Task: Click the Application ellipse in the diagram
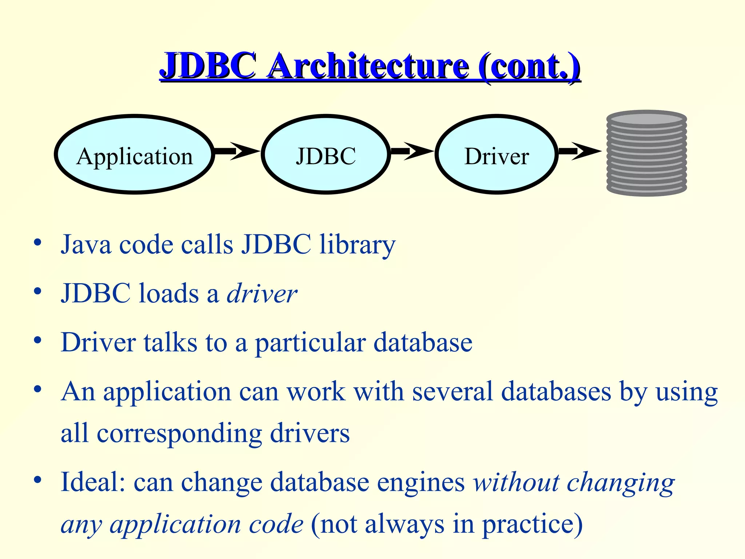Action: [135, 155]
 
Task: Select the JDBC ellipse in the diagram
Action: [326, 155]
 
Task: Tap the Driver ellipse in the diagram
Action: [497, 155]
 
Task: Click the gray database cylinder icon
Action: [646, 153]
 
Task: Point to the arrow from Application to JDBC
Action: [236, 151]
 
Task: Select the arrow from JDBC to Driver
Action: [412, 151]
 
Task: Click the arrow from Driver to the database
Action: [579, 151]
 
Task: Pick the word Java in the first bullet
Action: [86, 244]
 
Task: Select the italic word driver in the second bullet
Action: [262, 293]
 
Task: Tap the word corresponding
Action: [179, 434]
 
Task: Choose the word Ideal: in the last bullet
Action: [93, 482]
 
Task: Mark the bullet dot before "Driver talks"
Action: [37, 340]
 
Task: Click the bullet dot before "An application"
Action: [37, 389]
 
